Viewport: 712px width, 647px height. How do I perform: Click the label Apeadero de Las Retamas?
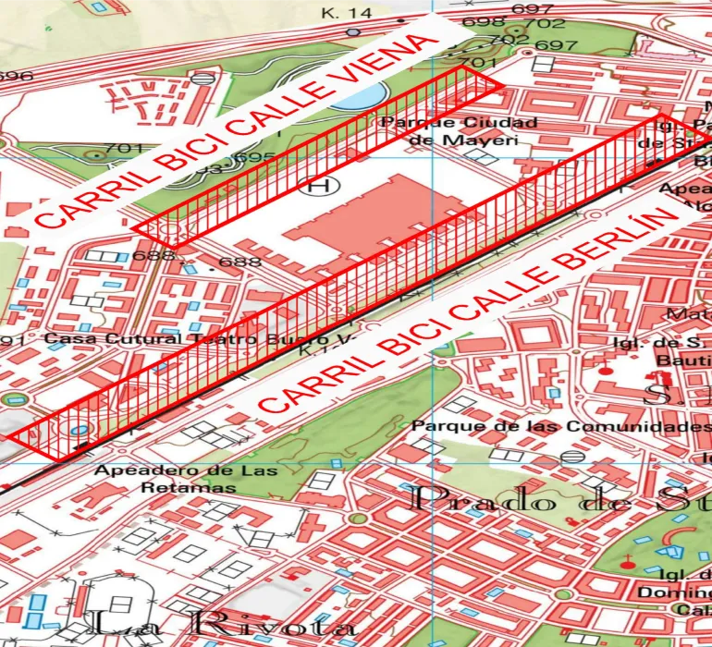[185, 478]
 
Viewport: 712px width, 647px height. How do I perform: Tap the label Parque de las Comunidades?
[560, 426]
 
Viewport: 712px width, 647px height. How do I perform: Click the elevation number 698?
[482, 22]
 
